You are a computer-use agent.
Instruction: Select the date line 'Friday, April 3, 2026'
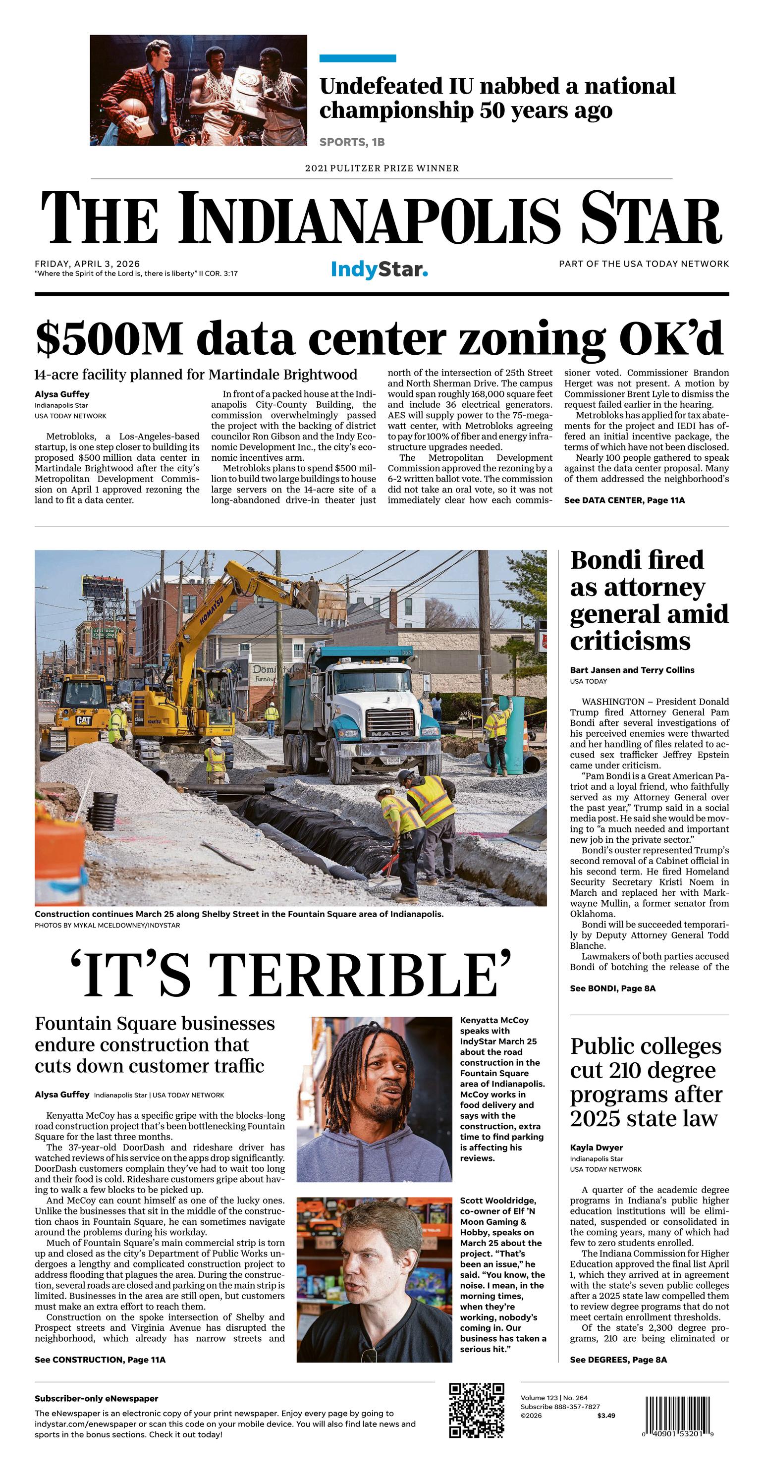click(x=87, y=264)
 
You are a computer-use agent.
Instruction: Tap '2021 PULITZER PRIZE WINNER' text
click(x=382, y=168)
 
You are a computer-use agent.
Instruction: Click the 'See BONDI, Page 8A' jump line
click(x=612, y=988)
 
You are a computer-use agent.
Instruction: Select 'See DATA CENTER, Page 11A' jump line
click(x=624, y=500)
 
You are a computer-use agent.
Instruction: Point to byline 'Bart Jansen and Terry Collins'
click(x=632, y=670)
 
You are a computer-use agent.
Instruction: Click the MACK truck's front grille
click(x=391, y=724)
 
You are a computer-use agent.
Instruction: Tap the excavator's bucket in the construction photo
click(x=329, y=601)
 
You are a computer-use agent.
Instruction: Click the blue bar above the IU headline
click(x=358, y=58)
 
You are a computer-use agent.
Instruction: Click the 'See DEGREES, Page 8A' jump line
click(x=618, y=1360)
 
